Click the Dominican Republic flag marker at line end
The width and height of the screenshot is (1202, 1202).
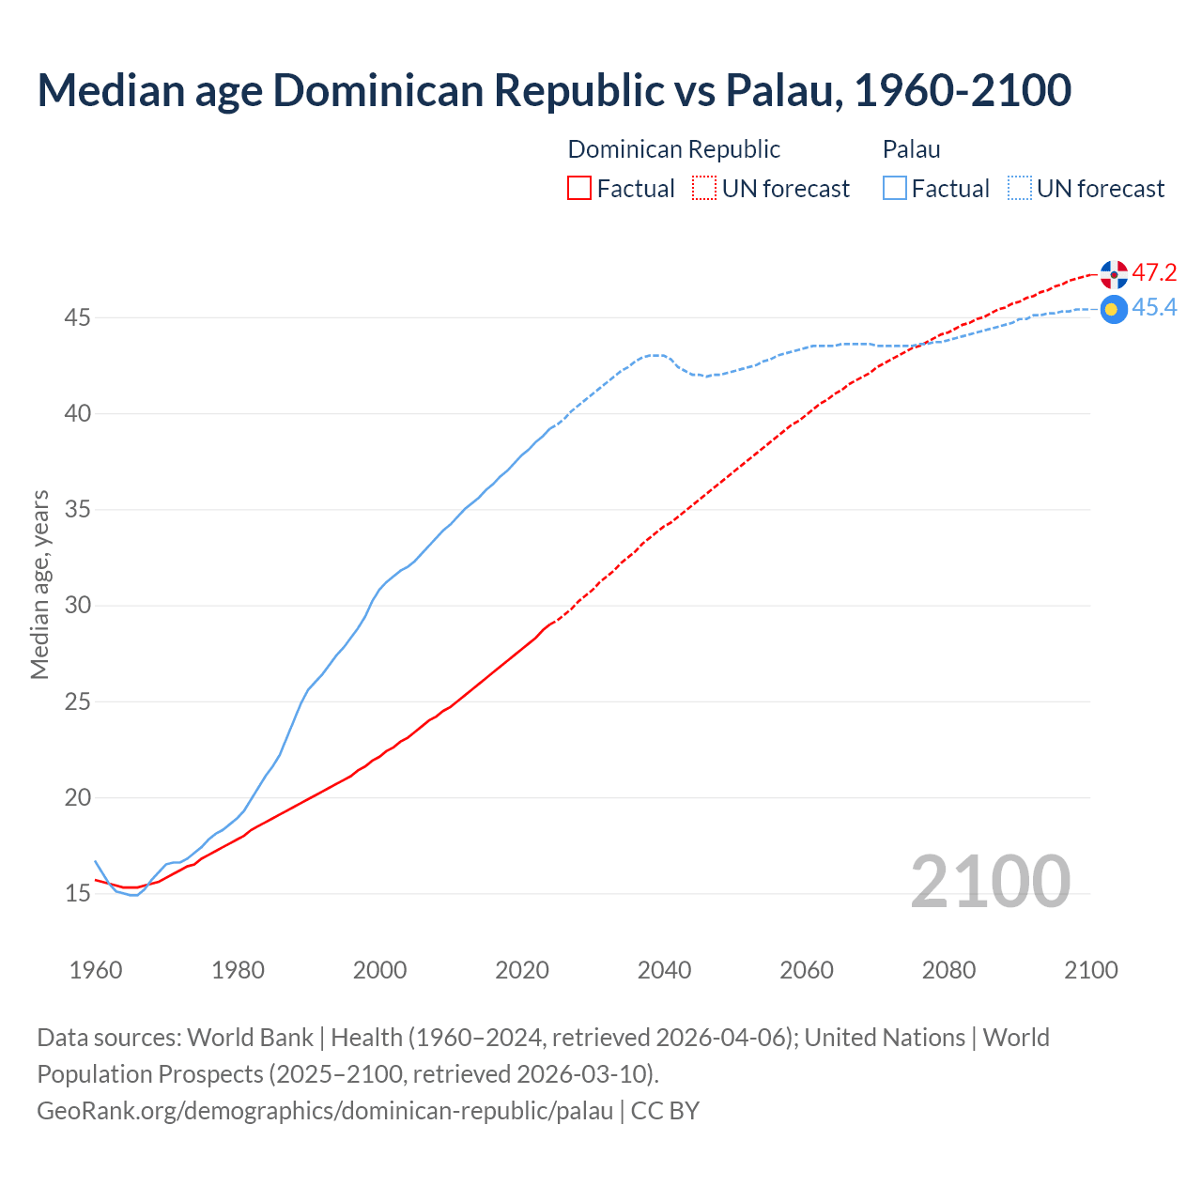click(x=1114, y=274)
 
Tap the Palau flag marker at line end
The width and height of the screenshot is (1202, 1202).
click(x=1114, y=309)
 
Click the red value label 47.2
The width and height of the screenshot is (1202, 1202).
click(x=1154, y=273)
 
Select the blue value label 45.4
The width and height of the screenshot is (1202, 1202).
click(x=1154, y=308)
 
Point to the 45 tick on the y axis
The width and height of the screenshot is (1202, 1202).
click(x=77, y=318)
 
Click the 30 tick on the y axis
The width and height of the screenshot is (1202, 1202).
click(x=77, y=606)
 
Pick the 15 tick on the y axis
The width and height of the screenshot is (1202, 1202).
click(x=77, y=893)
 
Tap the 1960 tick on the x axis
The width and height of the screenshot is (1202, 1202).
click(x=96, y=970)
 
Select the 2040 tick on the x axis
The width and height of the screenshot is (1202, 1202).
click(x=664, y=970)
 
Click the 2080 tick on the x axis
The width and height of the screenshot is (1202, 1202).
click(x=948, y=970)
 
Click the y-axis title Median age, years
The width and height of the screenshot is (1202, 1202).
click(x=39, y=584)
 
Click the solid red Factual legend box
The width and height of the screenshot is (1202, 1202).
click(x=579, y=189)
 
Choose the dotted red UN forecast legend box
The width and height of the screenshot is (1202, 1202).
click(x=704, y=189)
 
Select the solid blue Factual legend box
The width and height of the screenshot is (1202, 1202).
click(x=895, y=189)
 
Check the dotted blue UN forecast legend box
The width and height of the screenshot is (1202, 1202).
click(x=1020, y=189)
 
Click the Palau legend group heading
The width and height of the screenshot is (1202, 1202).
click(x=911, y=149)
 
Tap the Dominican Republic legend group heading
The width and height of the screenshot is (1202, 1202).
click(x=673, y=149)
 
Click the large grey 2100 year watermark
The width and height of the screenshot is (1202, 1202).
click(x=990, y=882)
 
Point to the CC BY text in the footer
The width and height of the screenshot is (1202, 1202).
click(x=665, y=1111)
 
